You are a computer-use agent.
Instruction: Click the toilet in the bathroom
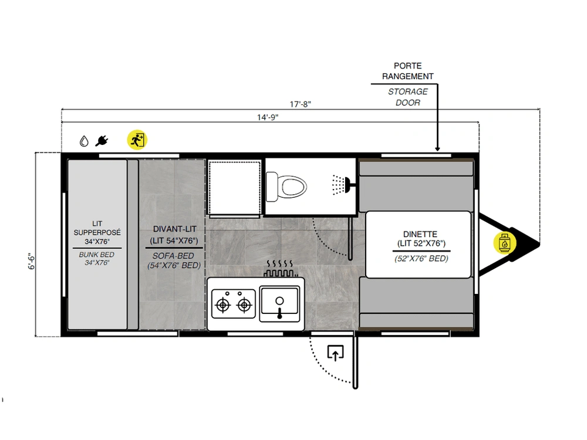286,187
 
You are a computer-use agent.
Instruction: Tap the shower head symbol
341,185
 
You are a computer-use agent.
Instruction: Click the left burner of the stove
223,305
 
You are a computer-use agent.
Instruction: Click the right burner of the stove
244,305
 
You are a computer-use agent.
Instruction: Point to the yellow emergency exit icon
137,140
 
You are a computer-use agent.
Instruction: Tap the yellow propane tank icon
505,243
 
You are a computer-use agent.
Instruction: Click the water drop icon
84,141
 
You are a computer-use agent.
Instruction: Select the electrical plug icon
102,141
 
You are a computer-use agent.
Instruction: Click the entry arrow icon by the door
335,353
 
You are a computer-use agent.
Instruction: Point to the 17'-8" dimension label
300,104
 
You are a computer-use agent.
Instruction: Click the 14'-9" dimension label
268,117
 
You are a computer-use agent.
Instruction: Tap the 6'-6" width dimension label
32,261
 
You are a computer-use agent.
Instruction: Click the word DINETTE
420,234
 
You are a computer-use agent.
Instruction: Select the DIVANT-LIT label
174,229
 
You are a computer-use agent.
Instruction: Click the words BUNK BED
97,255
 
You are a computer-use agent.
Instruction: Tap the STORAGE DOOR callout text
408,97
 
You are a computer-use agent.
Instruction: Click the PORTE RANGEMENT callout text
408,71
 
